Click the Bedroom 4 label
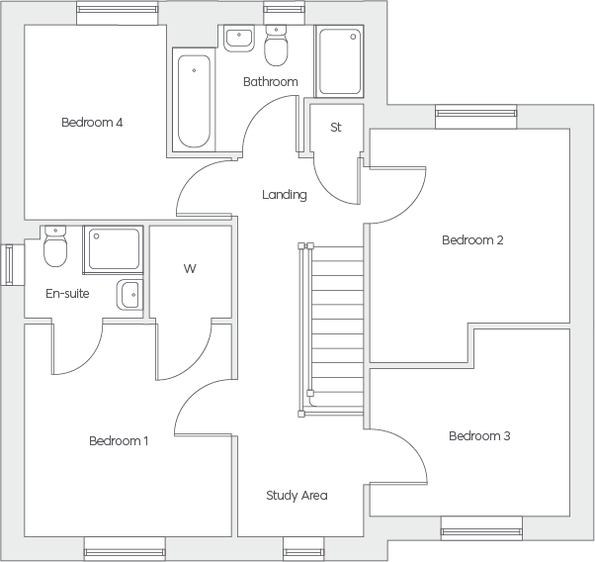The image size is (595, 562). (92, 123)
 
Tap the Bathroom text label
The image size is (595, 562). (271, 82)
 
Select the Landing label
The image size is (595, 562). (285, 195)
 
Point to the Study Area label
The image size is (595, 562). (297, 496)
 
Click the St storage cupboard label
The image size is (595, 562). (336, 128)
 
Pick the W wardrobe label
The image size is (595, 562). (190, 269)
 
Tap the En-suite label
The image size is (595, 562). (67, 293)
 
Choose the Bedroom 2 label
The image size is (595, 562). (472, 240)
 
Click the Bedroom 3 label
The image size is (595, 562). (479, 435)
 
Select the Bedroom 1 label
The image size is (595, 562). (119, 440)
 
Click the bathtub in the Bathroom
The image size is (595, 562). (194, 101)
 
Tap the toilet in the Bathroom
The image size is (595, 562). (276, 46)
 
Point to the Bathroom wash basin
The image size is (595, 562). (238, 39)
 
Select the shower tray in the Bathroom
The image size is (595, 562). (340, 61)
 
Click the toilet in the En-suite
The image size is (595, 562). (55, 246)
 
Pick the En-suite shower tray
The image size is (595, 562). (114, 249)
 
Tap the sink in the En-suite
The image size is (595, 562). (129, 295)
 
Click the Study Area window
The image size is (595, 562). (303, 548)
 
